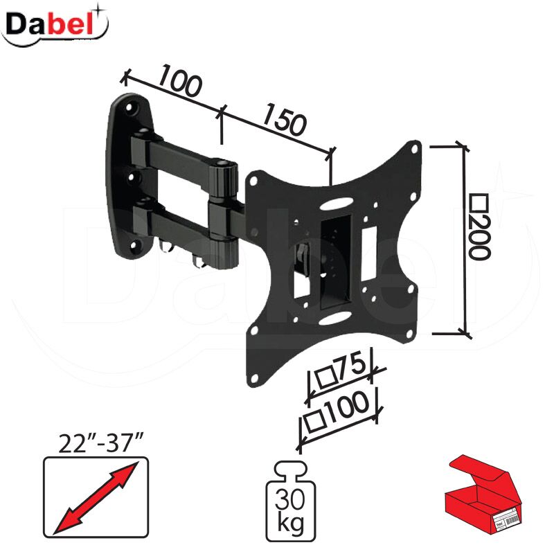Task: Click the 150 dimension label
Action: [x=283, y=119]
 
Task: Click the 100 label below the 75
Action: [x=346, y=407]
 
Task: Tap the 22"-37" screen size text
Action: [x=100, y=443]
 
